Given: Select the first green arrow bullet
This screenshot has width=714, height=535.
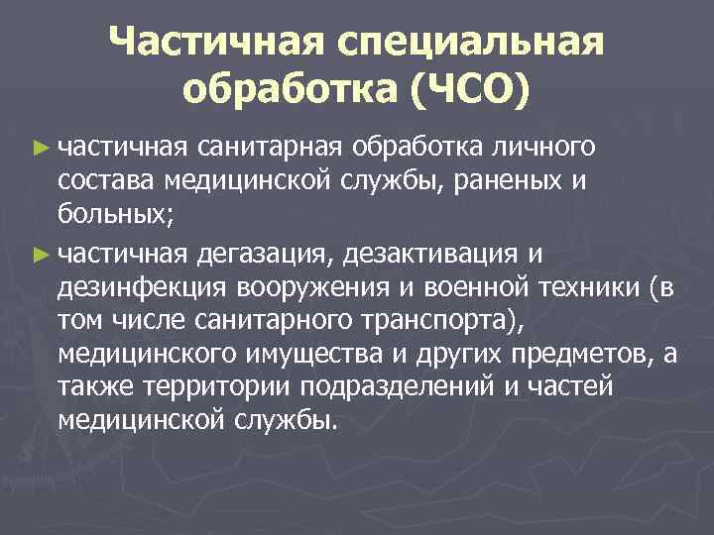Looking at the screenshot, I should click(40, 148).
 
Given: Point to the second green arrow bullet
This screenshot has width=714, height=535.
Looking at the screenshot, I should click(40, 255).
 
